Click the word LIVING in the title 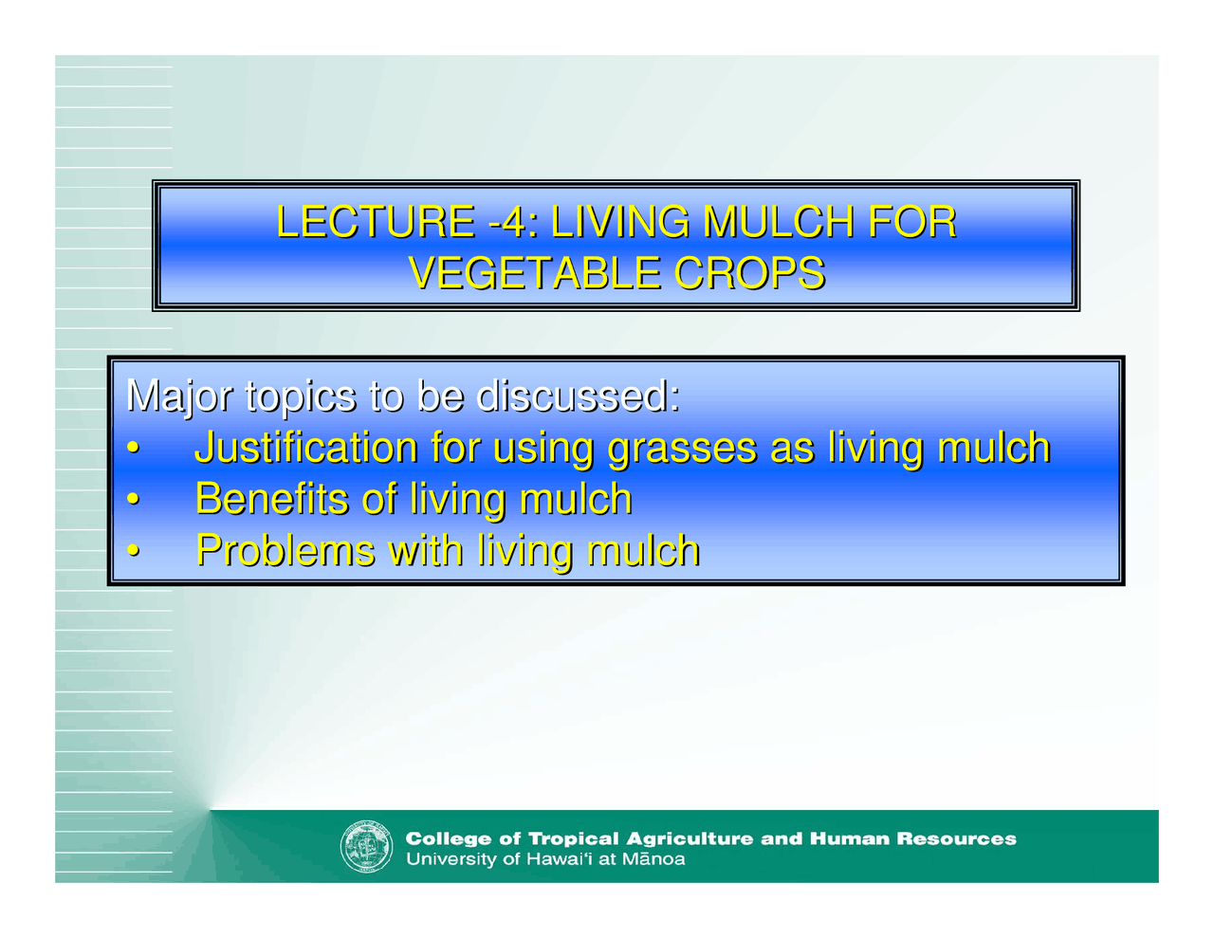[620, 222]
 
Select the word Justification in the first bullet [305, 448]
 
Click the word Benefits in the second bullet [271, 499]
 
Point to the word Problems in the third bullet [285, 550]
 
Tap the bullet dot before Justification [135, 449]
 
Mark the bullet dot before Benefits [135, 500]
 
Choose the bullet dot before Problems [135, 551]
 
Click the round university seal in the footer [366, 847]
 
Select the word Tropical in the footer [573, 838]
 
